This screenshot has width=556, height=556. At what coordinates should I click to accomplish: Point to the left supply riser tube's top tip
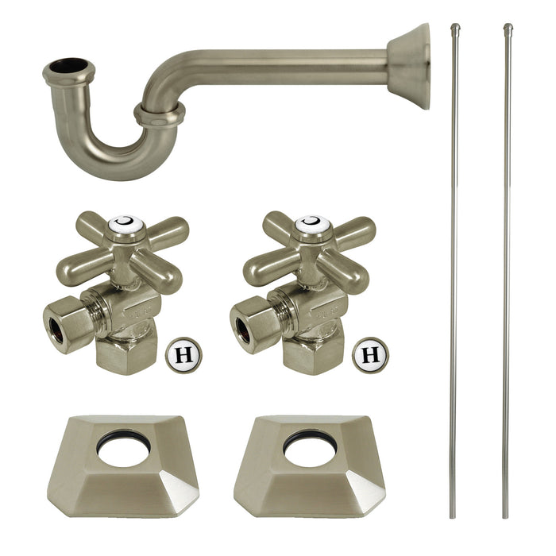455,29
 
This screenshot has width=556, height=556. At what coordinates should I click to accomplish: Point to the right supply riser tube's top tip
507,29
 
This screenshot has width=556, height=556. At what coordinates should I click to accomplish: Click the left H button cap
183,353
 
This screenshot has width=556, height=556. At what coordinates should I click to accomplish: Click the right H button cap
370,353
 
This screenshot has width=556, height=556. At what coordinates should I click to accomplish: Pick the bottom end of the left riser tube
454,515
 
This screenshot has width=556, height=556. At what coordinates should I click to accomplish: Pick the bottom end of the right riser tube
506,515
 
